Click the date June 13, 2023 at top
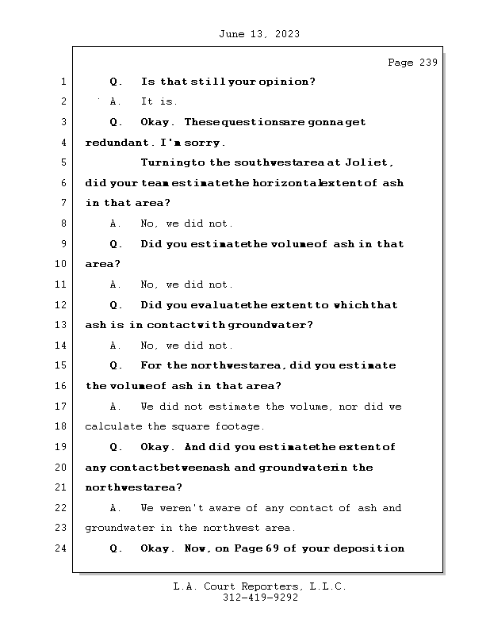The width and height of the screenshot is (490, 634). click(258, 34)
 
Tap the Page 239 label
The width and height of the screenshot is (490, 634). click(412, 63)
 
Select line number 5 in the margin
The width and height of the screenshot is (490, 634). click(63, 162)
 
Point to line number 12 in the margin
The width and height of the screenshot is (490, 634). click(62, 304)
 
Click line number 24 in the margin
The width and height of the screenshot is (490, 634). click(62, 548)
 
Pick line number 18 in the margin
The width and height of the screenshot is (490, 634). click(62, 426)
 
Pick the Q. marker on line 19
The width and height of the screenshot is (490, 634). click(116, 447)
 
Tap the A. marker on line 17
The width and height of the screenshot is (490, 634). click(116, 407)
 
